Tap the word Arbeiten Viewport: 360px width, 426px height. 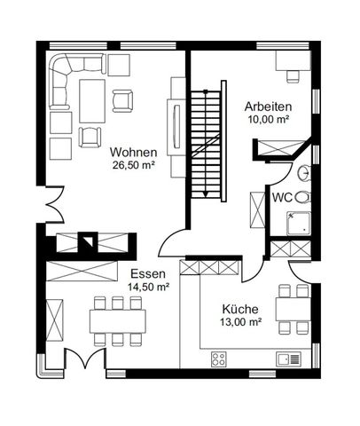(269, 106)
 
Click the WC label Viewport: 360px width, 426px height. (283, 196)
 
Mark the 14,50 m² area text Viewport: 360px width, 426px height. (148, 287)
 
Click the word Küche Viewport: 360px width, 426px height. (241, 309)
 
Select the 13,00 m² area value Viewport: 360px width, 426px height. (241, 323)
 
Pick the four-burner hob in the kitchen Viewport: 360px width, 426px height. (220, 359)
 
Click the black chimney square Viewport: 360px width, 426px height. (87, 240)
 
